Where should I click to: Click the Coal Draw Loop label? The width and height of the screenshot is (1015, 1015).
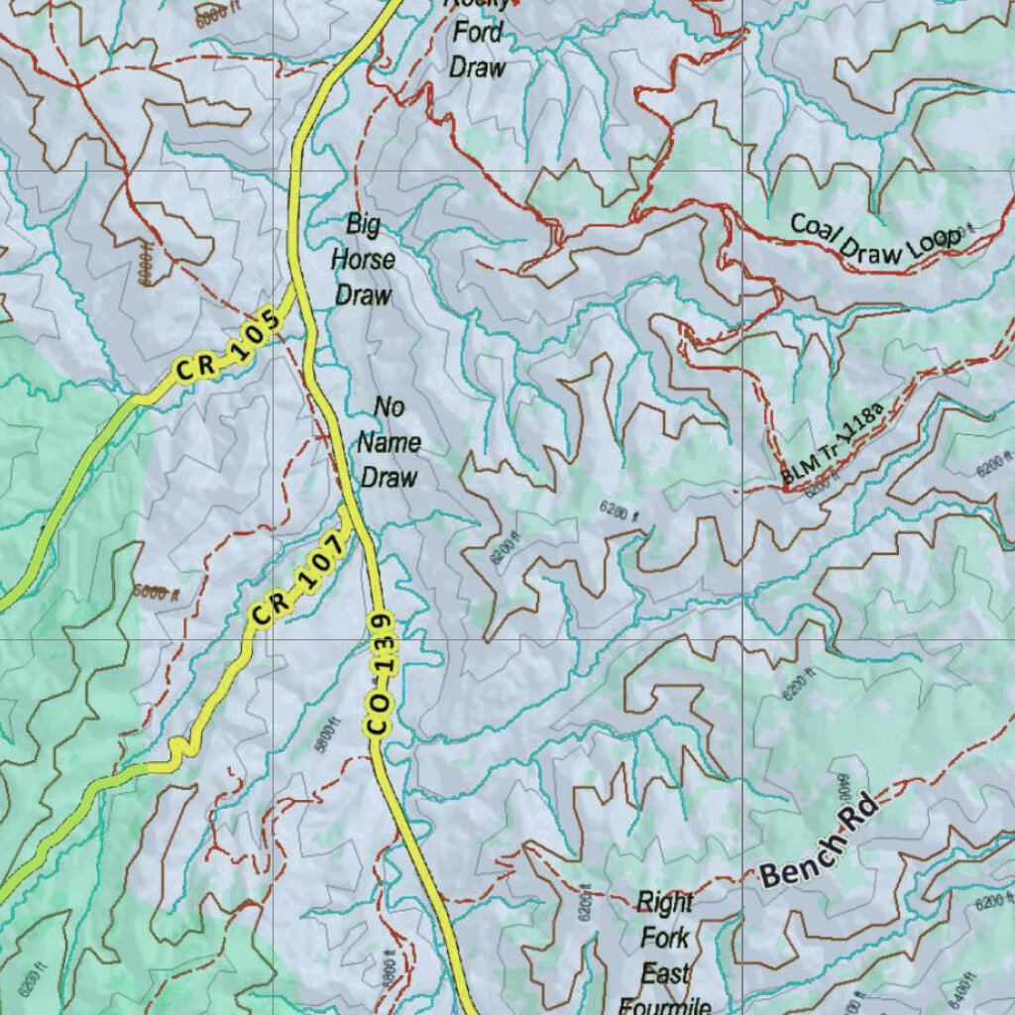click(874, 240)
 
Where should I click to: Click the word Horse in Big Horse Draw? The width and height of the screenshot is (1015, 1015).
click(363, 260)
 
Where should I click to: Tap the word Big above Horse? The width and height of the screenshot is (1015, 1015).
click(363, 224)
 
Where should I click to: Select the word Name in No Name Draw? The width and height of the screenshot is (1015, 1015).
click(389, 442)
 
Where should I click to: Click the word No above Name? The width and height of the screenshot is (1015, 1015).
click(389, 406)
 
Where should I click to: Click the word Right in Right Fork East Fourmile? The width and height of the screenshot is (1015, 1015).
click(664, 902)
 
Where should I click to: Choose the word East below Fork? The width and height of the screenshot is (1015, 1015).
click(664, 973)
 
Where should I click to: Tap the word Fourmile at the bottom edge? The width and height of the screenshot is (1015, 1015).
click(664, 1006)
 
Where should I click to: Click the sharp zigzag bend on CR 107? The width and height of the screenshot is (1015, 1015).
click(178, 750)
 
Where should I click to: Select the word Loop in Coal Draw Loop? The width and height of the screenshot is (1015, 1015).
click(933, 241)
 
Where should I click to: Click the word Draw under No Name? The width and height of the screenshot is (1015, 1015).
click(389, 477)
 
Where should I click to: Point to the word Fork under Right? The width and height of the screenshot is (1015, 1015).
click(664, 938)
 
